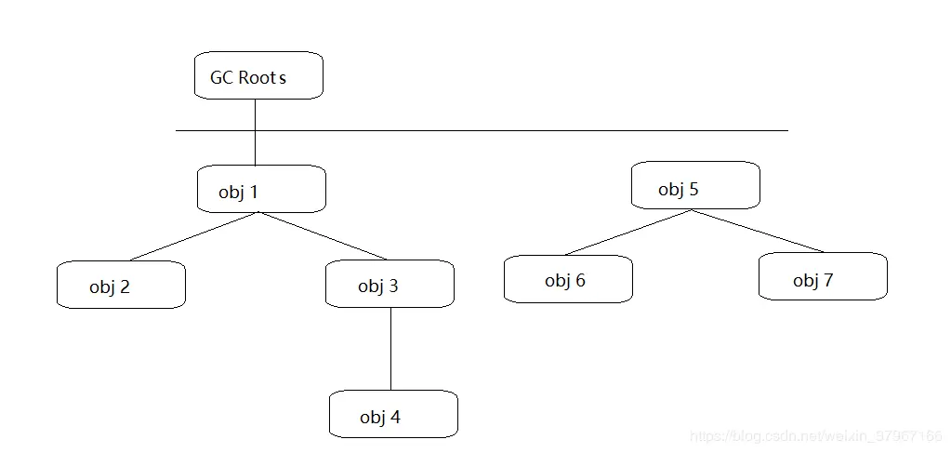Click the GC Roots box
(258, 75)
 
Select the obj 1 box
(261, 189)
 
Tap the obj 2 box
(121, 285)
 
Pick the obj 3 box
(390, 284)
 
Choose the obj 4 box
(393, 414)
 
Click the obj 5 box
(695, 185)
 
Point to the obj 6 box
(568, 279)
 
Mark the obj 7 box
(823, 276)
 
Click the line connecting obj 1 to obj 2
(194, 236)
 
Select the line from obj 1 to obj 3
(324, 236)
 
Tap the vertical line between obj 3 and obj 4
(390, 349)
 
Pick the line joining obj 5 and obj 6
(627, 233)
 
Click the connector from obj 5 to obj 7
(759, 232)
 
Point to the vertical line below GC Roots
(255, 132)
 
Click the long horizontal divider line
(482, 130)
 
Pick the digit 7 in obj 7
(828, 280)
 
